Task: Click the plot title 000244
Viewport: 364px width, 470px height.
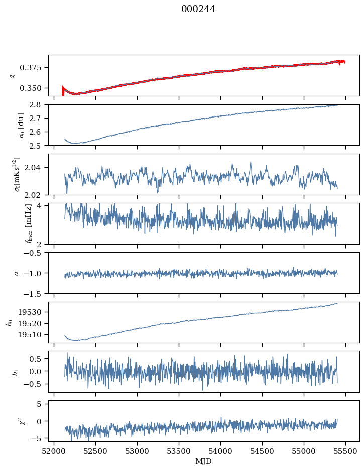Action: click(198, 9)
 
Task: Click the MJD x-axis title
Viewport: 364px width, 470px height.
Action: click(203, 461)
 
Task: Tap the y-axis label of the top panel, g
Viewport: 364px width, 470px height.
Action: click(12, 75)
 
